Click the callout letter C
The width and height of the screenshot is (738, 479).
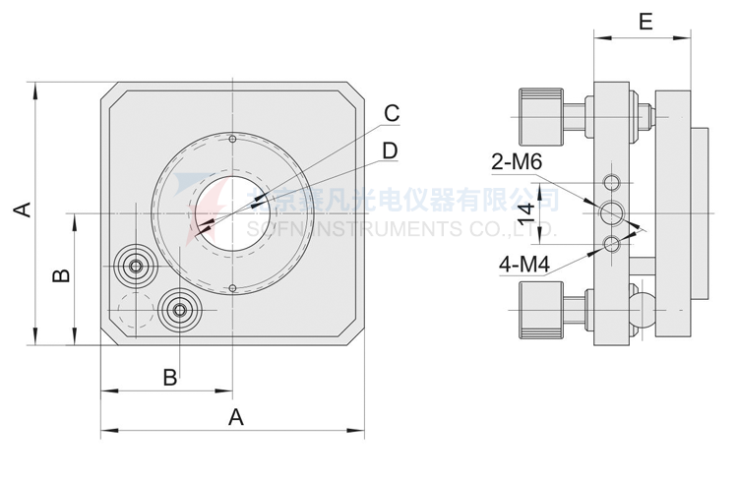pyautogui.click(x=392, y=112)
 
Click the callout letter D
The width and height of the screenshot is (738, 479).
pyautogui.click(x=390, y=150)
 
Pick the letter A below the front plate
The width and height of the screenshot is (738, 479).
pyautogui.click(x=235, y=417)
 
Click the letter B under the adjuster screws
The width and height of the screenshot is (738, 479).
pyautogui.click(x=170, y=376)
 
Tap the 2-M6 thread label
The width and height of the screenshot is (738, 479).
pyautogui.click(x=518, y=162)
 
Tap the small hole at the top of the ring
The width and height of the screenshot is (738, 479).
pyautogui.click(x=231, y=139)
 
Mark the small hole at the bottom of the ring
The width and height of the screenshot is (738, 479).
pyautogui.click(x=231, y=288)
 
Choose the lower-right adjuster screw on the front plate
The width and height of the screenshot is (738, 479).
pyautogui.click(x=179, y=310)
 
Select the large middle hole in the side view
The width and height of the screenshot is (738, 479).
pyautogui.click(x=613, y=211)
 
